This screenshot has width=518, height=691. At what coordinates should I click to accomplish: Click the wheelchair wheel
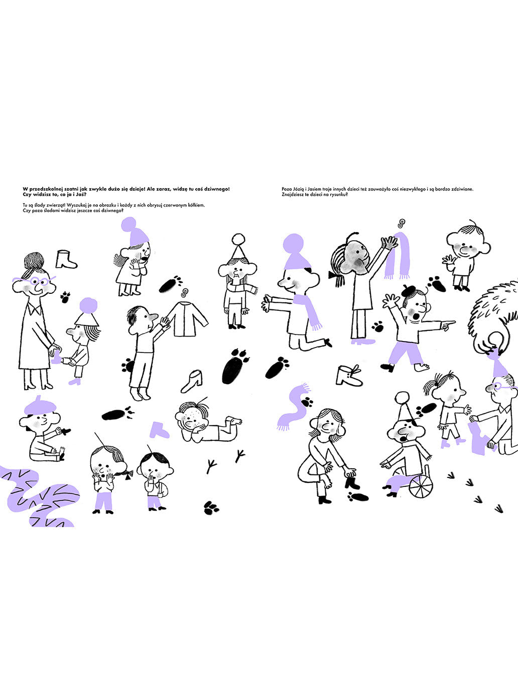pos(421,487)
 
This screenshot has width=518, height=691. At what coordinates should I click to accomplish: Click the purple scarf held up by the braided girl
pos(398,255)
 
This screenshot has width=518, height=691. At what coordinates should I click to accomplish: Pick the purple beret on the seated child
pos(40,406)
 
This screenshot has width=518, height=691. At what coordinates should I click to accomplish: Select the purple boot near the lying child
pos(159,430)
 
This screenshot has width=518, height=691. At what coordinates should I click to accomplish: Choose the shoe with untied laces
pos(349,375)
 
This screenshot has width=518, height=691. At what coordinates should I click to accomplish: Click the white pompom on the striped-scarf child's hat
pos(238,239)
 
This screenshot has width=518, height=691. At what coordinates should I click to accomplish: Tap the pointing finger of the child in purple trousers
pos(450,322)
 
